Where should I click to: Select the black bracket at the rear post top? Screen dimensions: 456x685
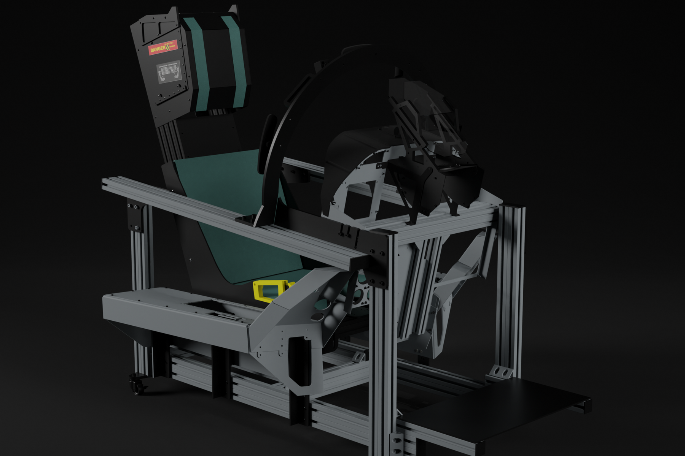134,217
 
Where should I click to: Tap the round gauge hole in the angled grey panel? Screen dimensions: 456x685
316,317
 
